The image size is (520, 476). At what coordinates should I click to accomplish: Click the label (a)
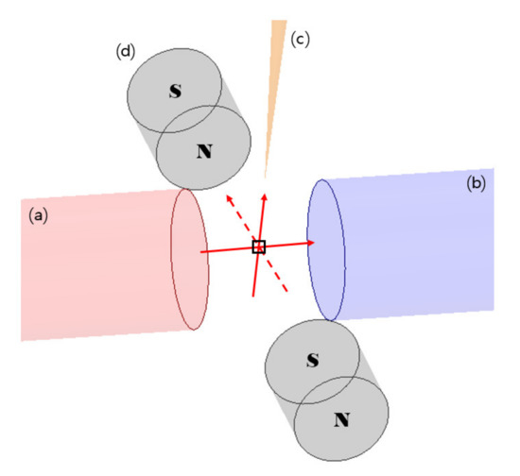coord(38,216)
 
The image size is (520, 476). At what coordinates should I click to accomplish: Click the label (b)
coord(476,183)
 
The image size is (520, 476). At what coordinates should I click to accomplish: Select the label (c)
coord(300,40)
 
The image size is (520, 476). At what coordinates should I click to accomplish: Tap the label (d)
coord(126,52)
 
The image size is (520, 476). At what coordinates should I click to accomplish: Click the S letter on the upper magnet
coord(176,91)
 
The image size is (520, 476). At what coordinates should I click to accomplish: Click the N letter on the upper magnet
coord(204,151)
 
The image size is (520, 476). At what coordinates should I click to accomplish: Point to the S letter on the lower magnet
coord(313,360)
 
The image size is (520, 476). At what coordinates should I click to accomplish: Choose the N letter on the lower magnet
coord(341,420)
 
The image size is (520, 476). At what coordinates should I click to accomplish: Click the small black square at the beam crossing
coord(259,247)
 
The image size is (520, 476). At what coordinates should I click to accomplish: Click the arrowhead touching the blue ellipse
coord(310,243)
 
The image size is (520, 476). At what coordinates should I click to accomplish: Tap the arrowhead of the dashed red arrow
coord(229,199)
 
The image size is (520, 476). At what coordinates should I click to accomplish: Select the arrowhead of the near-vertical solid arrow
coord(265,197)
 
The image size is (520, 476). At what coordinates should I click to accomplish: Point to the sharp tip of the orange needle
coord(265,178)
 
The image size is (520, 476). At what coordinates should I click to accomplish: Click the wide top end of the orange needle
coord(279,21)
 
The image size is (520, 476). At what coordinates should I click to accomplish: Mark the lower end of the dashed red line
coord(286,292)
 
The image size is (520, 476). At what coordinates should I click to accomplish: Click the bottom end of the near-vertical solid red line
coord(253,296)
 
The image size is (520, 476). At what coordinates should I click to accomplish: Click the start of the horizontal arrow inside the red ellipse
coord(200,252)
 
